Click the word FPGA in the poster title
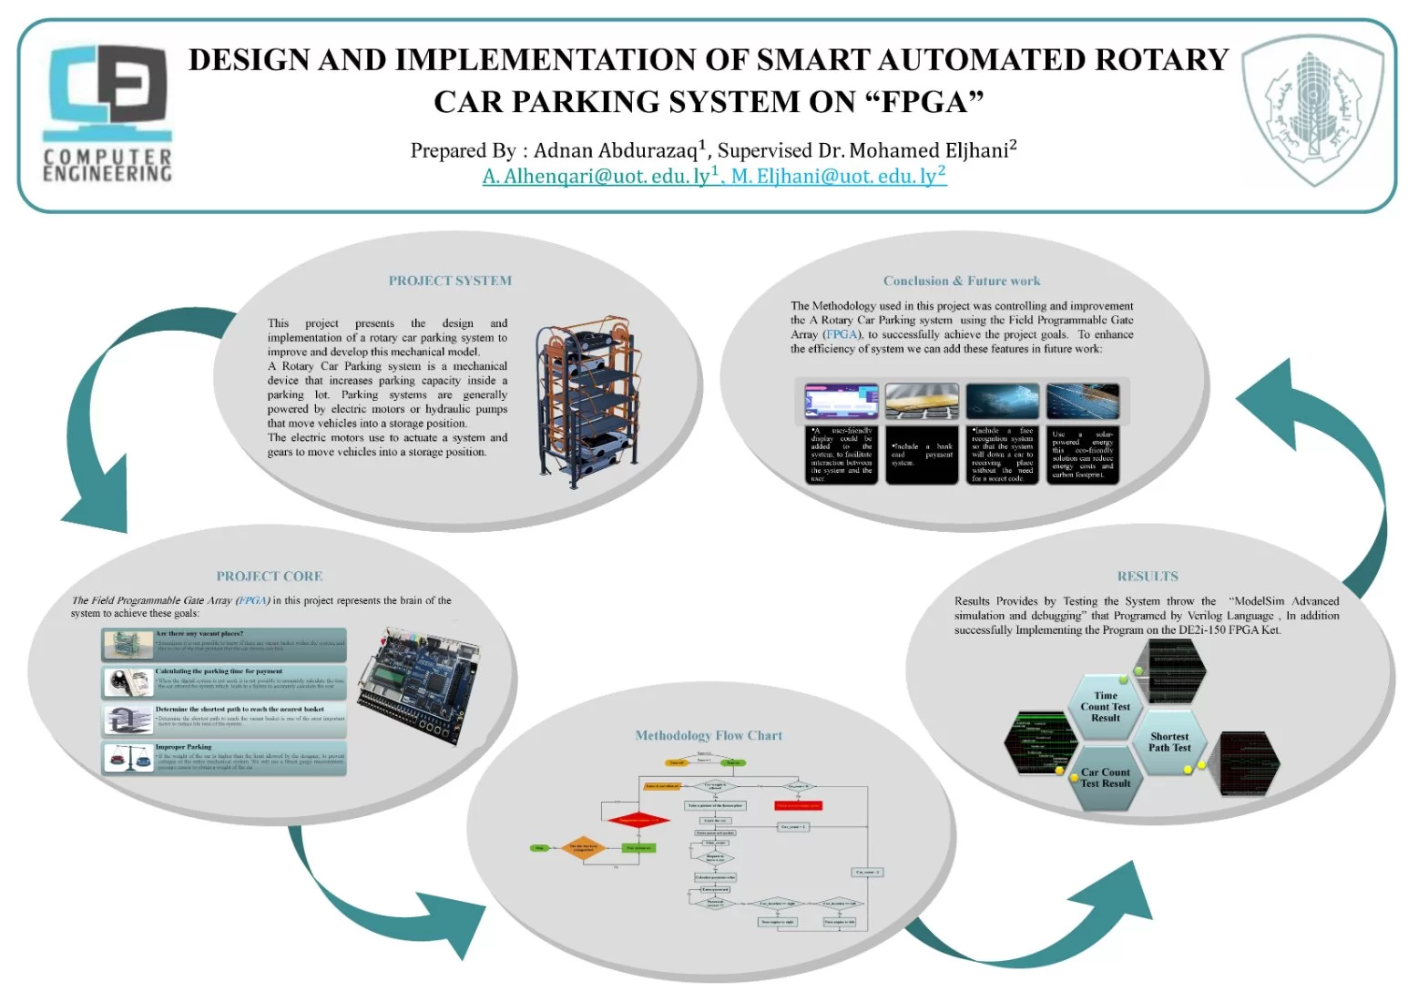[x=926, y=102]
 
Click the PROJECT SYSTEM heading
[x=450, y=281]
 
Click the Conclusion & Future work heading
[x=961, y=281]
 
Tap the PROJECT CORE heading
[x=269, y=576]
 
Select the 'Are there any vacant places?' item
[x=224, y=643]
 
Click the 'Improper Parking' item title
[x=183, y=747]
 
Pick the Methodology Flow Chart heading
[x=709, y=735]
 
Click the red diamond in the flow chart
[x=638, y=820]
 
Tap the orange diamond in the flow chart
[x=583, y=848]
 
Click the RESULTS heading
[x=1147, y=576]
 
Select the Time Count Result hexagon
[x=1105, y=707]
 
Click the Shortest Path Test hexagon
[x=1169, y=742]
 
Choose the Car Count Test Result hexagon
[x=1105, y=778]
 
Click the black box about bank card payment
[x=922, y=454]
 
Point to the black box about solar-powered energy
[x=1082, y=454]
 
